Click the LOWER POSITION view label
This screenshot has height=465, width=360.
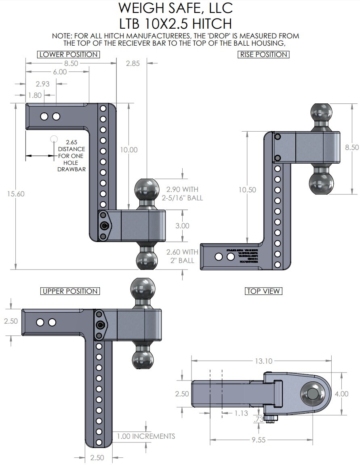tap(68, 55)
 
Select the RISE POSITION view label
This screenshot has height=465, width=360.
tap(263, 55)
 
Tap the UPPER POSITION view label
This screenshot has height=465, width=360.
tap(70, 291)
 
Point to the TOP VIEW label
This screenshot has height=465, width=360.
tap(263, 291)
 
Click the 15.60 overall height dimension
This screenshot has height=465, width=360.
tap(16, 194)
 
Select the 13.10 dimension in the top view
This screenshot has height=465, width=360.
tap(263, 361)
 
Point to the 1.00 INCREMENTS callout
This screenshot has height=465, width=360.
tap(146, 436)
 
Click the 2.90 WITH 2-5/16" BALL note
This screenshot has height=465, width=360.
tap(184, 194)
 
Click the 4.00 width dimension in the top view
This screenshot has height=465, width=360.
tap(342, 393)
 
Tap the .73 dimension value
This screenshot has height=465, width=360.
tap(258, 420)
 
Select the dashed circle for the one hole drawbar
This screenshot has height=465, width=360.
tap(53, 139)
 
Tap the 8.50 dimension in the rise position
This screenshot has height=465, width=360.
tap(352, 147)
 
